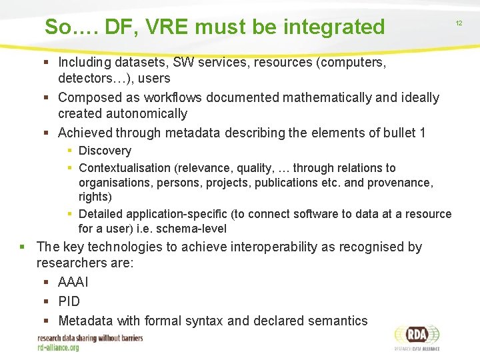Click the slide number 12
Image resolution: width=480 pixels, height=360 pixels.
point(459,23)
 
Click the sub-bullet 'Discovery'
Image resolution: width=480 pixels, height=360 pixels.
point(105,151)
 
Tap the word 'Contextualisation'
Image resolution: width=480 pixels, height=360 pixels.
point(125,168)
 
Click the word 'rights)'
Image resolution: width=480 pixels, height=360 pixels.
point(95,197)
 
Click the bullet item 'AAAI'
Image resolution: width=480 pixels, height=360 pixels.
point(73,283)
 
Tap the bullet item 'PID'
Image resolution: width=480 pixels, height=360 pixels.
point(69,301)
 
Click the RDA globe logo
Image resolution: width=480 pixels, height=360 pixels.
point(416,335)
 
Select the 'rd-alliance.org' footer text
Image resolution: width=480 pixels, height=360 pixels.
point(58,347)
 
